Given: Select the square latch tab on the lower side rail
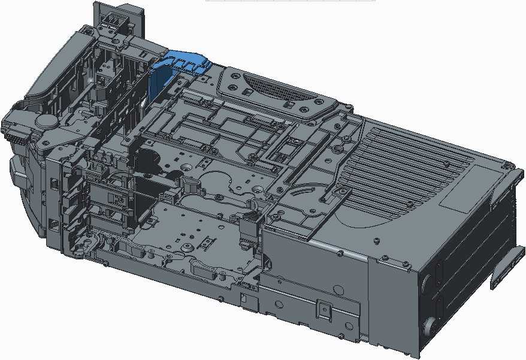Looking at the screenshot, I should click(x=324, y=309).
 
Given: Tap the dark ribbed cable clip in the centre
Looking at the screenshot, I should click(x=247, y=231).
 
